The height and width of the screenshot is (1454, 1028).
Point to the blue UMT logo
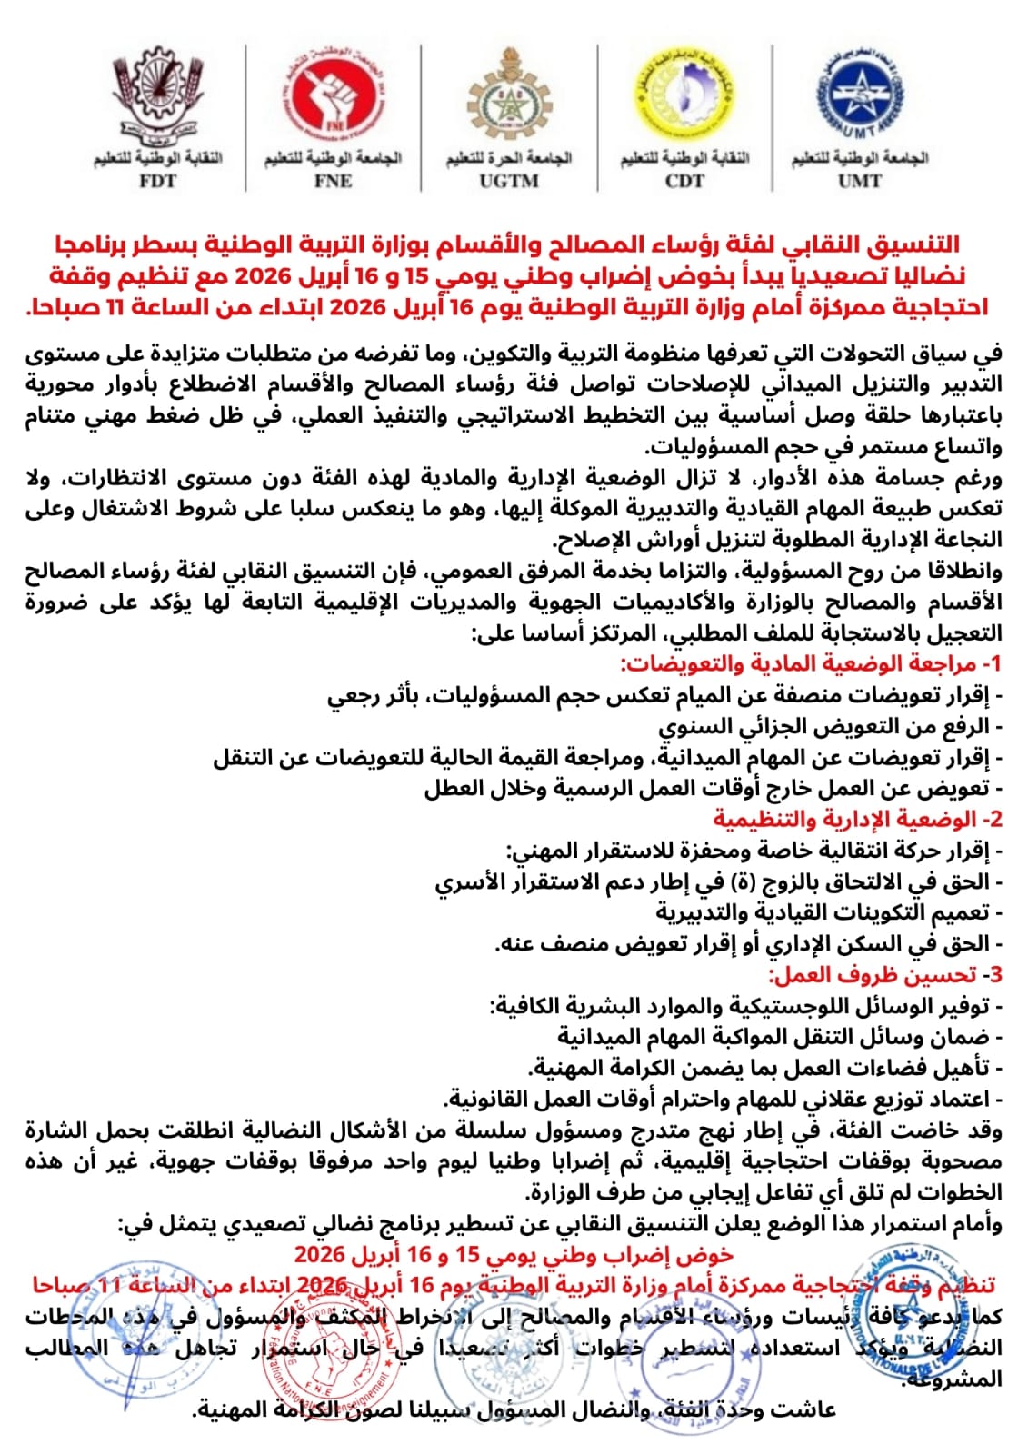(x=860, y=95)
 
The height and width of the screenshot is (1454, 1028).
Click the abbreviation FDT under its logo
(x=157, y=181)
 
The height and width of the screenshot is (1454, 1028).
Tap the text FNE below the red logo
(x=333, y=181)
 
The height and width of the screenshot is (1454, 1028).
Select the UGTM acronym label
(x=509, y=181)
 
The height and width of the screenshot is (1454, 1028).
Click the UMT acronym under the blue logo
(x=860, y=181)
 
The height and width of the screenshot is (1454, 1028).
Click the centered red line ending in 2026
(x=514, y=1255)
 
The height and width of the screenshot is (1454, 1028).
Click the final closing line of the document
(x=514, y=1410)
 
